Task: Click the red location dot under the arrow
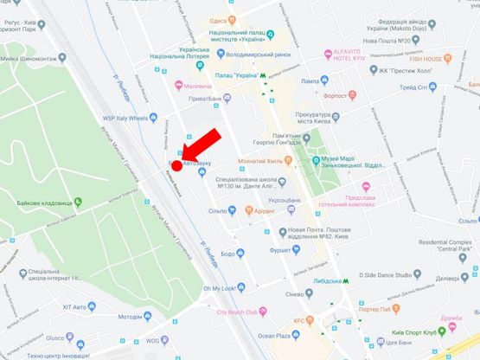click(176, 164)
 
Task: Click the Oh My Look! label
click(220, 287)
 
